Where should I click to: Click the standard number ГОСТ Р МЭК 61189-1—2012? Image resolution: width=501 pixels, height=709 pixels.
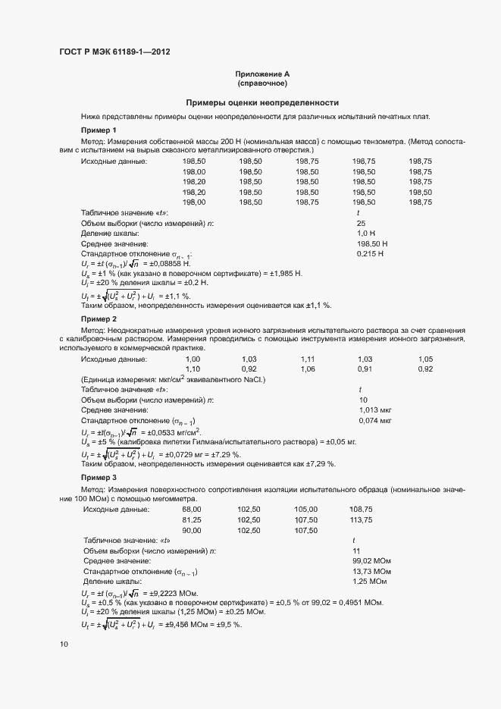coord(114,52)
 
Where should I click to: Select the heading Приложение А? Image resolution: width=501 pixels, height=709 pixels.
coord(262,74)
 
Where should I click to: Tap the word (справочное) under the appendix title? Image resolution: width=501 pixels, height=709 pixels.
coord(262,83)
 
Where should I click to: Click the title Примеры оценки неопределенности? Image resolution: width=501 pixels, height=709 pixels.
coord(262,102)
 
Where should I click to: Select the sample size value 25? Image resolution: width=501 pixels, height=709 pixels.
coord(362,224)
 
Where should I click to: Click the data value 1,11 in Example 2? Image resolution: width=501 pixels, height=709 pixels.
coord(307,358)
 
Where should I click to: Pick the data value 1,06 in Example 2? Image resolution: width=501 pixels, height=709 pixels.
coord(307,369)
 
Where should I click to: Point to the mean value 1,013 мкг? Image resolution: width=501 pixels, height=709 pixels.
coord(374,409)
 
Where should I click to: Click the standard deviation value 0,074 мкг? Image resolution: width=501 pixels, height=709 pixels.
coord(374,420)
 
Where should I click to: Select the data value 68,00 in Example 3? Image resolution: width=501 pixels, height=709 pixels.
coord(193,509)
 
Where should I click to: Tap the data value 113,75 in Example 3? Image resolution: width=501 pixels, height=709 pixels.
coord(361,520)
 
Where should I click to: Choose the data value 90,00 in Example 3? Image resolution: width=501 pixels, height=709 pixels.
coord(193,531)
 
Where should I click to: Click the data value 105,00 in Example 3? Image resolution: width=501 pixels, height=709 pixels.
coord(305,509)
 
